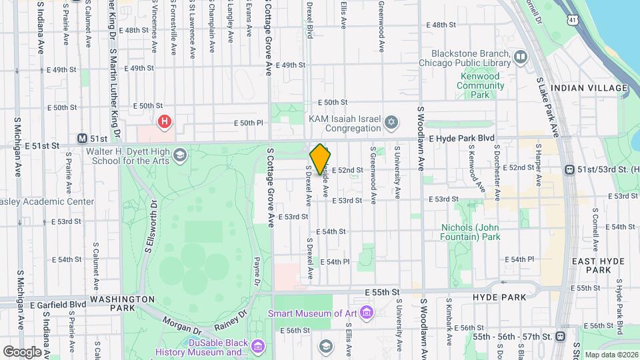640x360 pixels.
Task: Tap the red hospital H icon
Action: point(164,122)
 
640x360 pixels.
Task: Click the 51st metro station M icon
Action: point(82,139)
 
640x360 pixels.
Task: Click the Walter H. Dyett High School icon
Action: point(179,156)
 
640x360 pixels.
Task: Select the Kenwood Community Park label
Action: point(479,85)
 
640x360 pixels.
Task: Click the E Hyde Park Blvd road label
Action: point(463,138)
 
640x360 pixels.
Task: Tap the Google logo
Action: point(22,351)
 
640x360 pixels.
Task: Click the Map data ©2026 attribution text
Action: point(609,355)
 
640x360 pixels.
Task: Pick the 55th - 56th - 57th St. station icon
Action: point(559,337)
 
